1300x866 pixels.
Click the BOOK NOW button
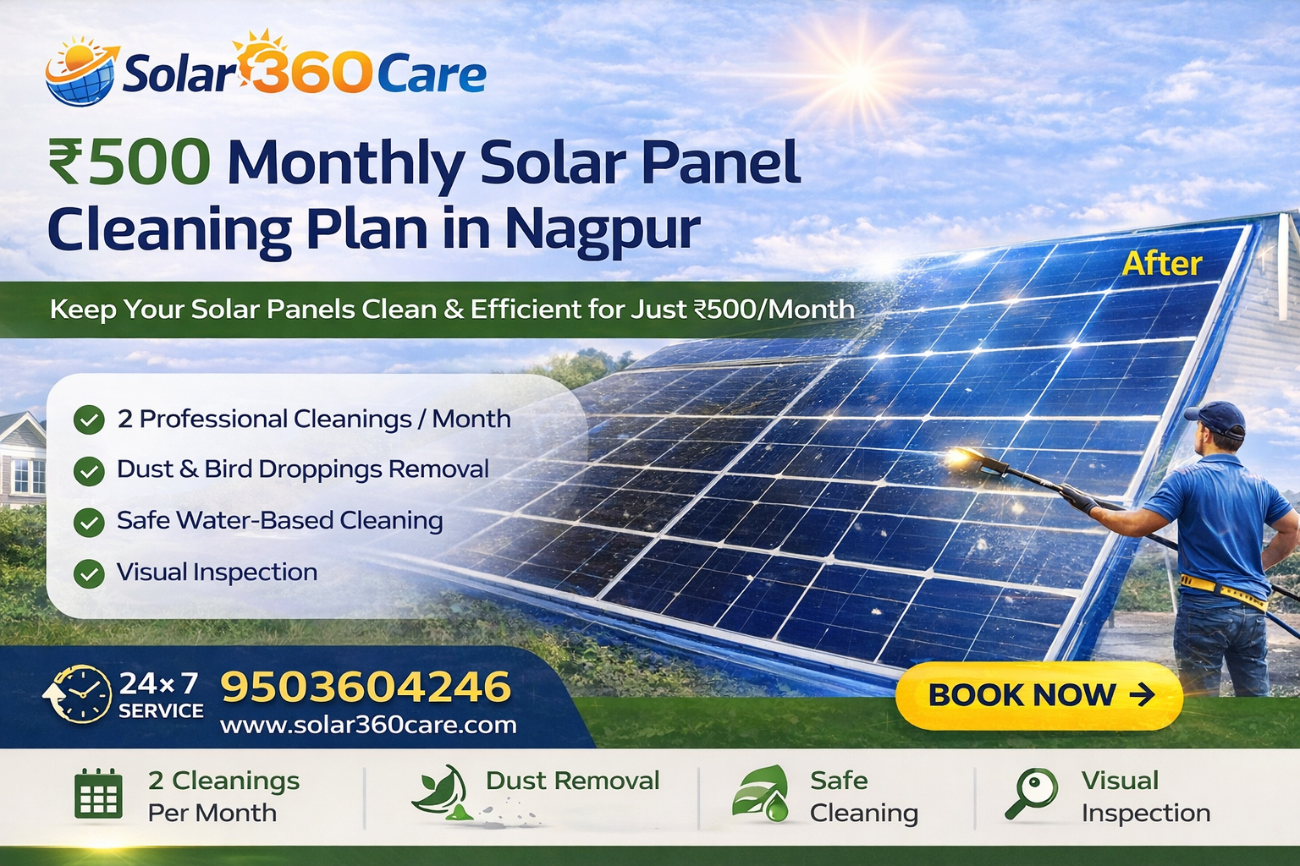(1038, 695)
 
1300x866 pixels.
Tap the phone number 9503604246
(366, 687)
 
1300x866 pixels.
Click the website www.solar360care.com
(368, 725)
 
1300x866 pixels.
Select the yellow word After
(1161, 264)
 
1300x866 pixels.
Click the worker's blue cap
(1217, 416)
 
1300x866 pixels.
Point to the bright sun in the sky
(858, 76)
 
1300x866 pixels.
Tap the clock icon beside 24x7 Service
(78, 693)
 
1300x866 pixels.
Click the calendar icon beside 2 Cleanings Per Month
(98, 795)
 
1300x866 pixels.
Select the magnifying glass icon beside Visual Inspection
(1033, 793)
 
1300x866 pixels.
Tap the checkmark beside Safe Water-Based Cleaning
(89, 522)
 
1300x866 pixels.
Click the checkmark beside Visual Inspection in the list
(89, 573)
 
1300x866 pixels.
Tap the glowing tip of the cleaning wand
(960, 457)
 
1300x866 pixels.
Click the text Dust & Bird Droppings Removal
(302, 469)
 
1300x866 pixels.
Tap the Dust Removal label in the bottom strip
(572, 781)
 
